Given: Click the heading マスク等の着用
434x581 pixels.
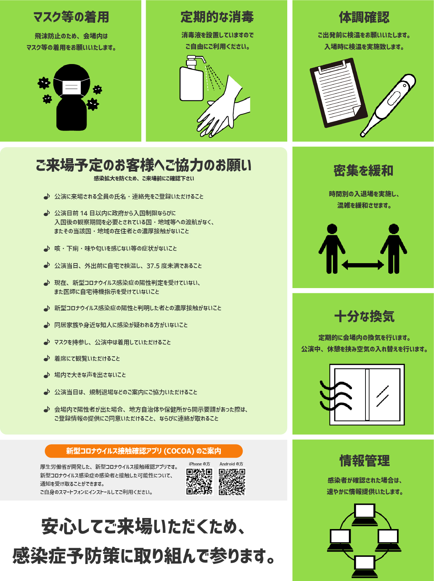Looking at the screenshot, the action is (71, 17).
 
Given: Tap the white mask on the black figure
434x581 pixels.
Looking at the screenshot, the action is (71, 87).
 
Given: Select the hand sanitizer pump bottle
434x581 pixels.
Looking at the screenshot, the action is (192, 78).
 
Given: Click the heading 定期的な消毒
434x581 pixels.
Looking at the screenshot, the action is (217, 17).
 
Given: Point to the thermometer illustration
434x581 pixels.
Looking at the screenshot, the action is (388, 105).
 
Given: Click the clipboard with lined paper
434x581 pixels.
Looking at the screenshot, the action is (338, 93).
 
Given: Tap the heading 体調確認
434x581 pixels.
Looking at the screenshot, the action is (364, 17).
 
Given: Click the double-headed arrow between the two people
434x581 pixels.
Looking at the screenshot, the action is (363, 265).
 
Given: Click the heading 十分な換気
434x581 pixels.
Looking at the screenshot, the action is (364, 316).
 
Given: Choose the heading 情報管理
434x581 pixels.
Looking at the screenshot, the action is (364, 461).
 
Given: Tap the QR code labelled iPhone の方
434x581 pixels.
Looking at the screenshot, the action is (199, 482).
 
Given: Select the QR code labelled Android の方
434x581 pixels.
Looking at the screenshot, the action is (232, 482).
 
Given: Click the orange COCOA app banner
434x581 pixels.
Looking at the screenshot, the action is (144, 451).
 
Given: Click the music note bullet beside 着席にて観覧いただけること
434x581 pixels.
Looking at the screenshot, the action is (46, 358).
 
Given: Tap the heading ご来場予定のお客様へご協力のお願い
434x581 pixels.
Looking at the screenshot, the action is (143, 165).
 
